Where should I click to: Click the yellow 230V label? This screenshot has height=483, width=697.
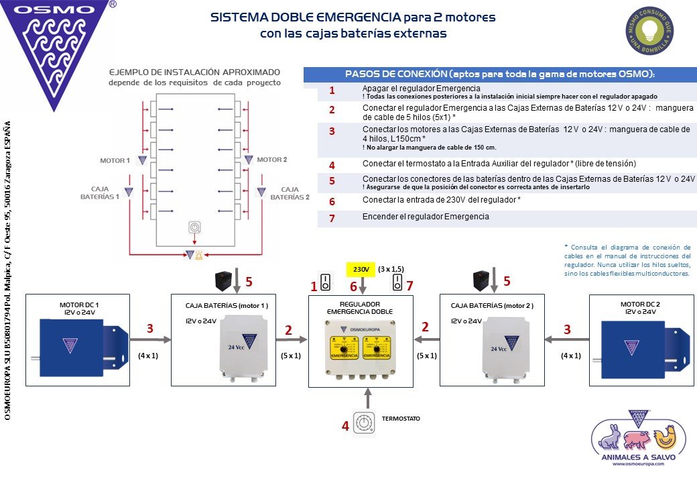361,269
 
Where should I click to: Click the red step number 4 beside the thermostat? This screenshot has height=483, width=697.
345,425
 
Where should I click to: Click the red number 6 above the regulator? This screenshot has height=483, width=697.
353,286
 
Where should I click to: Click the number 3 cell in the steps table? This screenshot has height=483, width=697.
331,131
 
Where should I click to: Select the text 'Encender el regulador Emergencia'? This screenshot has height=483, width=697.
426,217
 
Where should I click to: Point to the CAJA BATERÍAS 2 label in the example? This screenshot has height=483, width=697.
290,194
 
